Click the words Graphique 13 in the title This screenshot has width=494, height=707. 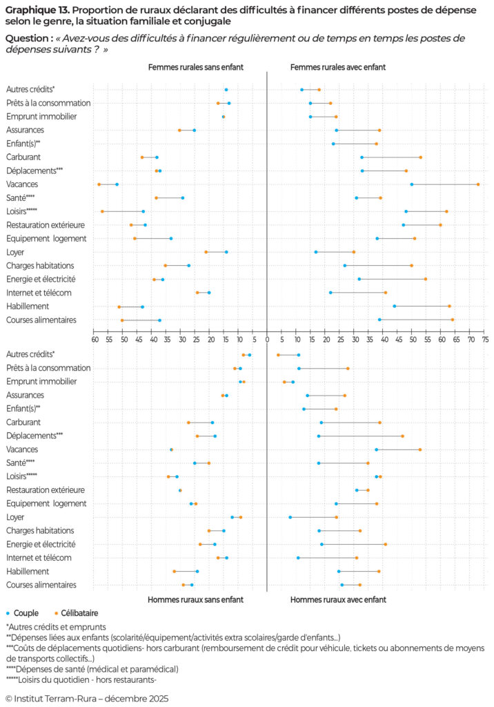pyautogui.click(x=35, y=10)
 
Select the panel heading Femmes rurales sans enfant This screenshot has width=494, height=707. pyautogui.click(x=195, y=67)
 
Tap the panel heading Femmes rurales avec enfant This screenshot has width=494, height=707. pyautogui.click(x=337, y=67)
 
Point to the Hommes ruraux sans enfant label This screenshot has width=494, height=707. pyautogui.click(x=195, y=599)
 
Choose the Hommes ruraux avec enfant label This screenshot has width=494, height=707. pyautogui.click(x=337, y=599)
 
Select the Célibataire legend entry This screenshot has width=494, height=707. pyautogui.click(x=75, y=612)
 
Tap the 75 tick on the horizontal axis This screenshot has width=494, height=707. pyautogui.click(x=484, y=340)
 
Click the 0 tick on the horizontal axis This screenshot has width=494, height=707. pyautogui.click(x=267, y=340)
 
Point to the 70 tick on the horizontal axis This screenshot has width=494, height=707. pyautogui.click(x=470, y=340)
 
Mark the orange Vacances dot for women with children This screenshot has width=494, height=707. pyautogui.click(x=478, y=184)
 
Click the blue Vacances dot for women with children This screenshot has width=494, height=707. pyautogui.click(x=412, y=184)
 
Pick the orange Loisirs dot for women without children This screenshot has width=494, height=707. pyautogui.click(x=102, y=211)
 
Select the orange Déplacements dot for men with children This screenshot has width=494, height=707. pyautogui.click(x=402, y=436)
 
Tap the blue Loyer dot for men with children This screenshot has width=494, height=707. pyautogui.click(x=290, y=517)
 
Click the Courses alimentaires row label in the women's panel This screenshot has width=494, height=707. pyautogui.click(x=41, y=320)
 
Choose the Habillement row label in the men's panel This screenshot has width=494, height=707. pyautogui.click(x=27, y=571)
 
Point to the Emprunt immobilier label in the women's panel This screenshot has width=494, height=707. pyautogui.click(x=41, y=117)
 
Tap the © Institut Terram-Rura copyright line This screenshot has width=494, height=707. pyautogui.click(x=86, y=698)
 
